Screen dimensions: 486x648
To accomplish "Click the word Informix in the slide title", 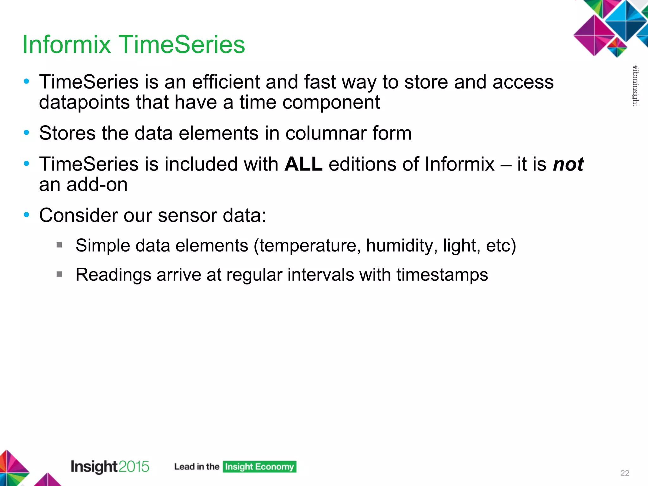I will (66, 44).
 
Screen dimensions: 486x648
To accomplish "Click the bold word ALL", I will (303, 164).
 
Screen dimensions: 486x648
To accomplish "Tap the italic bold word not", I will (568, 164).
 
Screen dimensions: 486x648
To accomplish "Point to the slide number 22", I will (625, 473).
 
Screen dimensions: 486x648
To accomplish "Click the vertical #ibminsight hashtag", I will (635, 85).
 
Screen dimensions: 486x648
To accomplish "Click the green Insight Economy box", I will (259, 467).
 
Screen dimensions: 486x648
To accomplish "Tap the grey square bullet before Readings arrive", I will (59, 274).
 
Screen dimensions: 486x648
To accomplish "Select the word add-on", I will (97, 184).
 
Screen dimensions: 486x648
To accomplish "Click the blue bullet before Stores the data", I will (27, 133).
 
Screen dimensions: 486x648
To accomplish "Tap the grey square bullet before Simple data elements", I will (59, 245).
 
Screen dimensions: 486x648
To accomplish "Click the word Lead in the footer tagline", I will (184, 467).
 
